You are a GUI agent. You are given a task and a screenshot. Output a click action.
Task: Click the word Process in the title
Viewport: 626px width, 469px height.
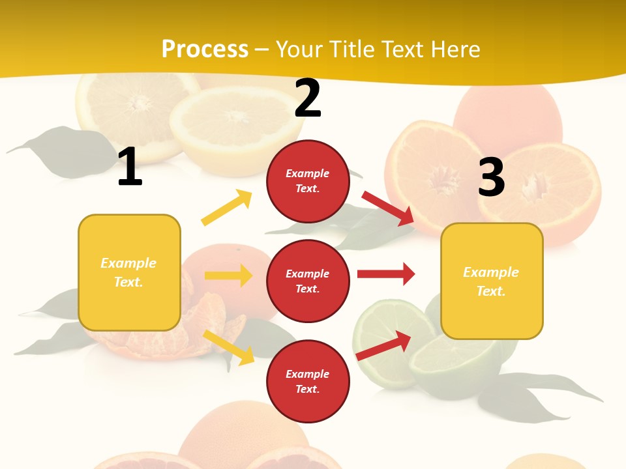pos(205,50)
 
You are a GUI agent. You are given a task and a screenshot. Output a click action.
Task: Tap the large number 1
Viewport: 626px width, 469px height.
pos(130,167)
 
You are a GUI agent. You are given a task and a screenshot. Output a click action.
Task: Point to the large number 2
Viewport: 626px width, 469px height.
pos(308,98)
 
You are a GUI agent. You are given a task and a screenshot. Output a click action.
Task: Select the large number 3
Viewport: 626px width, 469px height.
pos(491,177)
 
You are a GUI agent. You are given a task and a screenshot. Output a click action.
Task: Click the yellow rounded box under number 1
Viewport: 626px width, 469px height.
pos(129,272)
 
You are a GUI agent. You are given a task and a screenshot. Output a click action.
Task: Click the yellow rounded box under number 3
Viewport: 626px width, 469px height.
pos(492,281)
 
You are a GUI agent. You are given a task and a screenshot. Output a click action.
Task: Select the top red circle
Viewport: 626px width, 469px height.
pos(308,181)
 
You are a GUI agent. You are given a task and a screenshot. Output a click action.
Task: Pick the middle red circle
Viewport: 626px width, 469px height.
pos(308,281)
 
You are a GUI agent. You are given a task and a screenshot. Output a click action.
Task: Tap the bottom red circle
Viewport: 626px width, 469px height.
pos(308,382)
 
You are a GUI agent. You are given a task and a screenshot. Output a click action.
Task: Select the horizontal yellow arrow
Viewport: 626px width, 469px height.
pos(228,276)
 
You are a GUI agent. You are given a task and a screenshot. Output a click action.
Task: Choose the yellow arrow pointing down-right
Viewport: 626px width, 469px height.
pos(229,347)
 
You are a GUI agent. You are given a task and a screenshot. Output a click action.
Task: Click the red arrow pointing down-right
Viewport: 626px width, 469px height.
pos(388,208)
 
